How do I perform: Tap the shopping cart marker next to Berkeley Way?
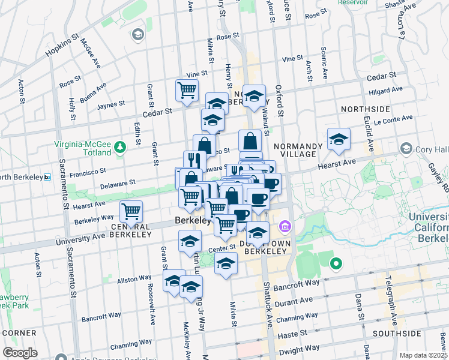[x=131, y=211]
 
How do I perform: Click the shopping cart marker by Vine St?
[x=187, y=90]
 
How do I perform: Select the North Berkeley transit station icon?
[x=47, y=177]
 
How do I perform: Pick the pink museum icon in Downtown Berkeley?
[x=285, y=227]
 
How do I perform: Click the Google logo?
[x=20, y=353]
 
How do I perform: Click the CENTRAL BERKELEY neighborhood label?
[x=131, y=231]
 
